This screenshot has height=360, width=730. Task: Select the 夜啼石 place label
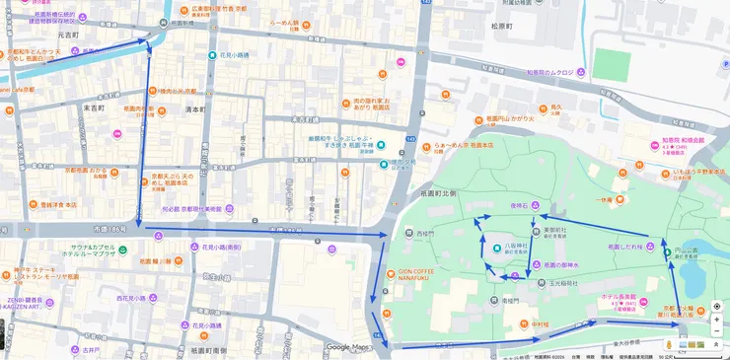click(x=520, y=205)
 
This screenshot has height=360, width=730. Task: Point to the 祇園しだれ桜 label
click(x=625, y=247)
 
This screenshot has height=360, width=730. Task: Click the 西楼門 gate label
click(x=425, y=234)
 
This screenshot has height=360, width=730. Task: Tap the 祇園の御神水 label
click(x=565, y=264)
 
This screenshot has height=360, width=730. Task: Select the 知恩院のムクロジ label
click(x=549, y=72)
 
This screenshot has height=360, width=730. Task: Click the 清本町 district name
click(x=194, y=108)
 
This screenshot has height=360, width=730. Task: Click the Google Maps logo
click(x=347, y=347)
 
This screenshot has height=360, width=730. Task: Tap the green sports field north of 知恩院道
click(x=611, y=64)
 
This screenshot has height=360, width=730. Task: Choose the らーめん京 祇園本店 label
click(x=463, y=144)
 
